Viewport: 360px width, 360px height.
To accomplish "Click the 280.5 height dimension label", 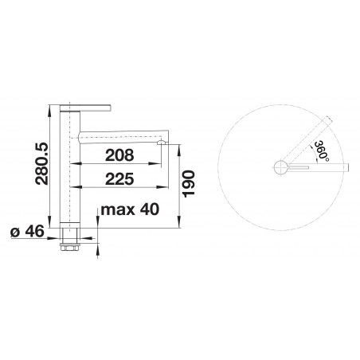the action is point(42,163).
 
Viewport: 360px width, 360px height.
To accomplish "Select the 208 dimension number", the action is point(119,155).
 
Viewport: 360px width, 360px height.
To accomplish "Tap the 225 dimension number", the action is point(119,179).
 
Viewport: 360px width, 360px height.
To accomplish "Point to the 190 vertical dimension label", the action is point(189,184).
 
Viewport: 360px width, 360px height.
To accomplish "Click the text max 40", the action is point(130,209).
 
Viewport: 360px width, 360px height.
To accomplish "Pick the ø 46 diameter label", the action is point(27,231).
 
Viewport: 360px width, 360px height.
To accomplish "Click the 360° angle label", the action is point(322,151).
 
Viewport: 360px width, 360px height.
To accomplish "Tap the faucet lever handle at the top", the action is point(85,108).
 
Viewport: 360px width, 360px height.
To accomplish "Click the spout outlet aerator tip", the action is point(162,143).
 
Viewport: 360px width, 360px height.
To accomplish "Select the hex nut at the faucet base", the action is point(70,248).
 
